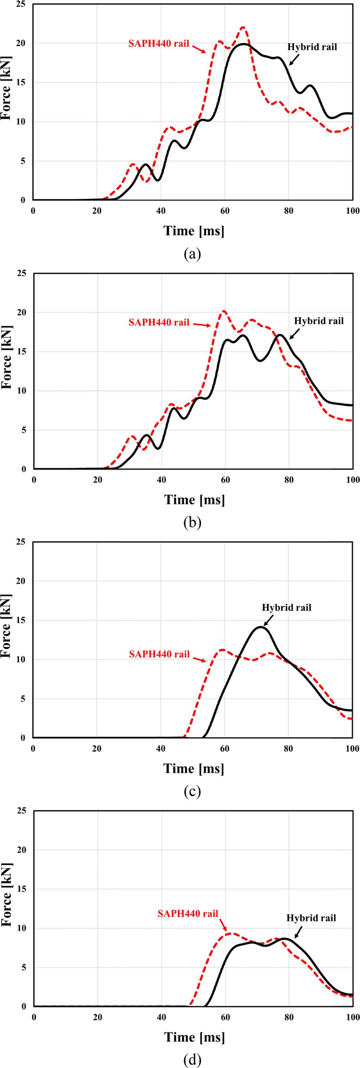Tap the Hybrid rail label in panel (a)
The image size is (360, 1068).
click(312, 47)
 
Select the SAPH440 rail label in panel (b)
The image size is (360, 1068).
click(159, 322)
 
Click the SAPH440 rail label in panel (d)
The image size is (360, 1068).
click(188, 913)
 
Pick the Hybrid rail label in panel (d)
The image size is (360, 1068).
click(311, 918)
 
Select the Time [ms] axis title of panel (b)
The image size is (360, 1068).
click(194, 499)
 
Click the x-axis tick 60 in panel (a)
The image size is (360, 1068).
click(225, 211)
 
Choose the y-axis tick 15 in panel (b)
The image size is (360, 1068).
click(21, 352)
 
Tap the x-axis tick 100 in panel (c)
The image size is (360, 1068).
click(353, 748)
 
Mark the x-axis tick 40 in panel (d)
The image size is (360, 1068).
click(161, 1017)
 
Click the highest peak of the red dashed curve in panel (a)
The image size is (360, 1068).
click(243, 27)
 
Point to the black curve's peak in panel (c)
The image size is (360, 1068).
click(260, 627)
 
